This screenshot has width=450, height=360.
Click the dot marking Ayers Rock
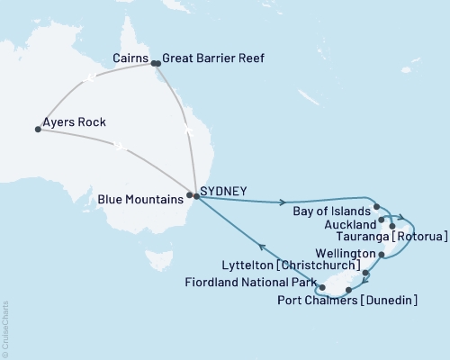38,129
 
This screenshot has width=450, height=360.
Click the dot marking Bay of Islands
376,206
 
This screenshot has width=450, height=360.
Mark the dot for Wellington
382,256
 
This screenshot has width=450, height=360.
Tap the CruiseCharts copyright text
5,329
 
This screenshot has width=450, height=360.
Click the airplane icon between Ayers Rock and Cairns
88,79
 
